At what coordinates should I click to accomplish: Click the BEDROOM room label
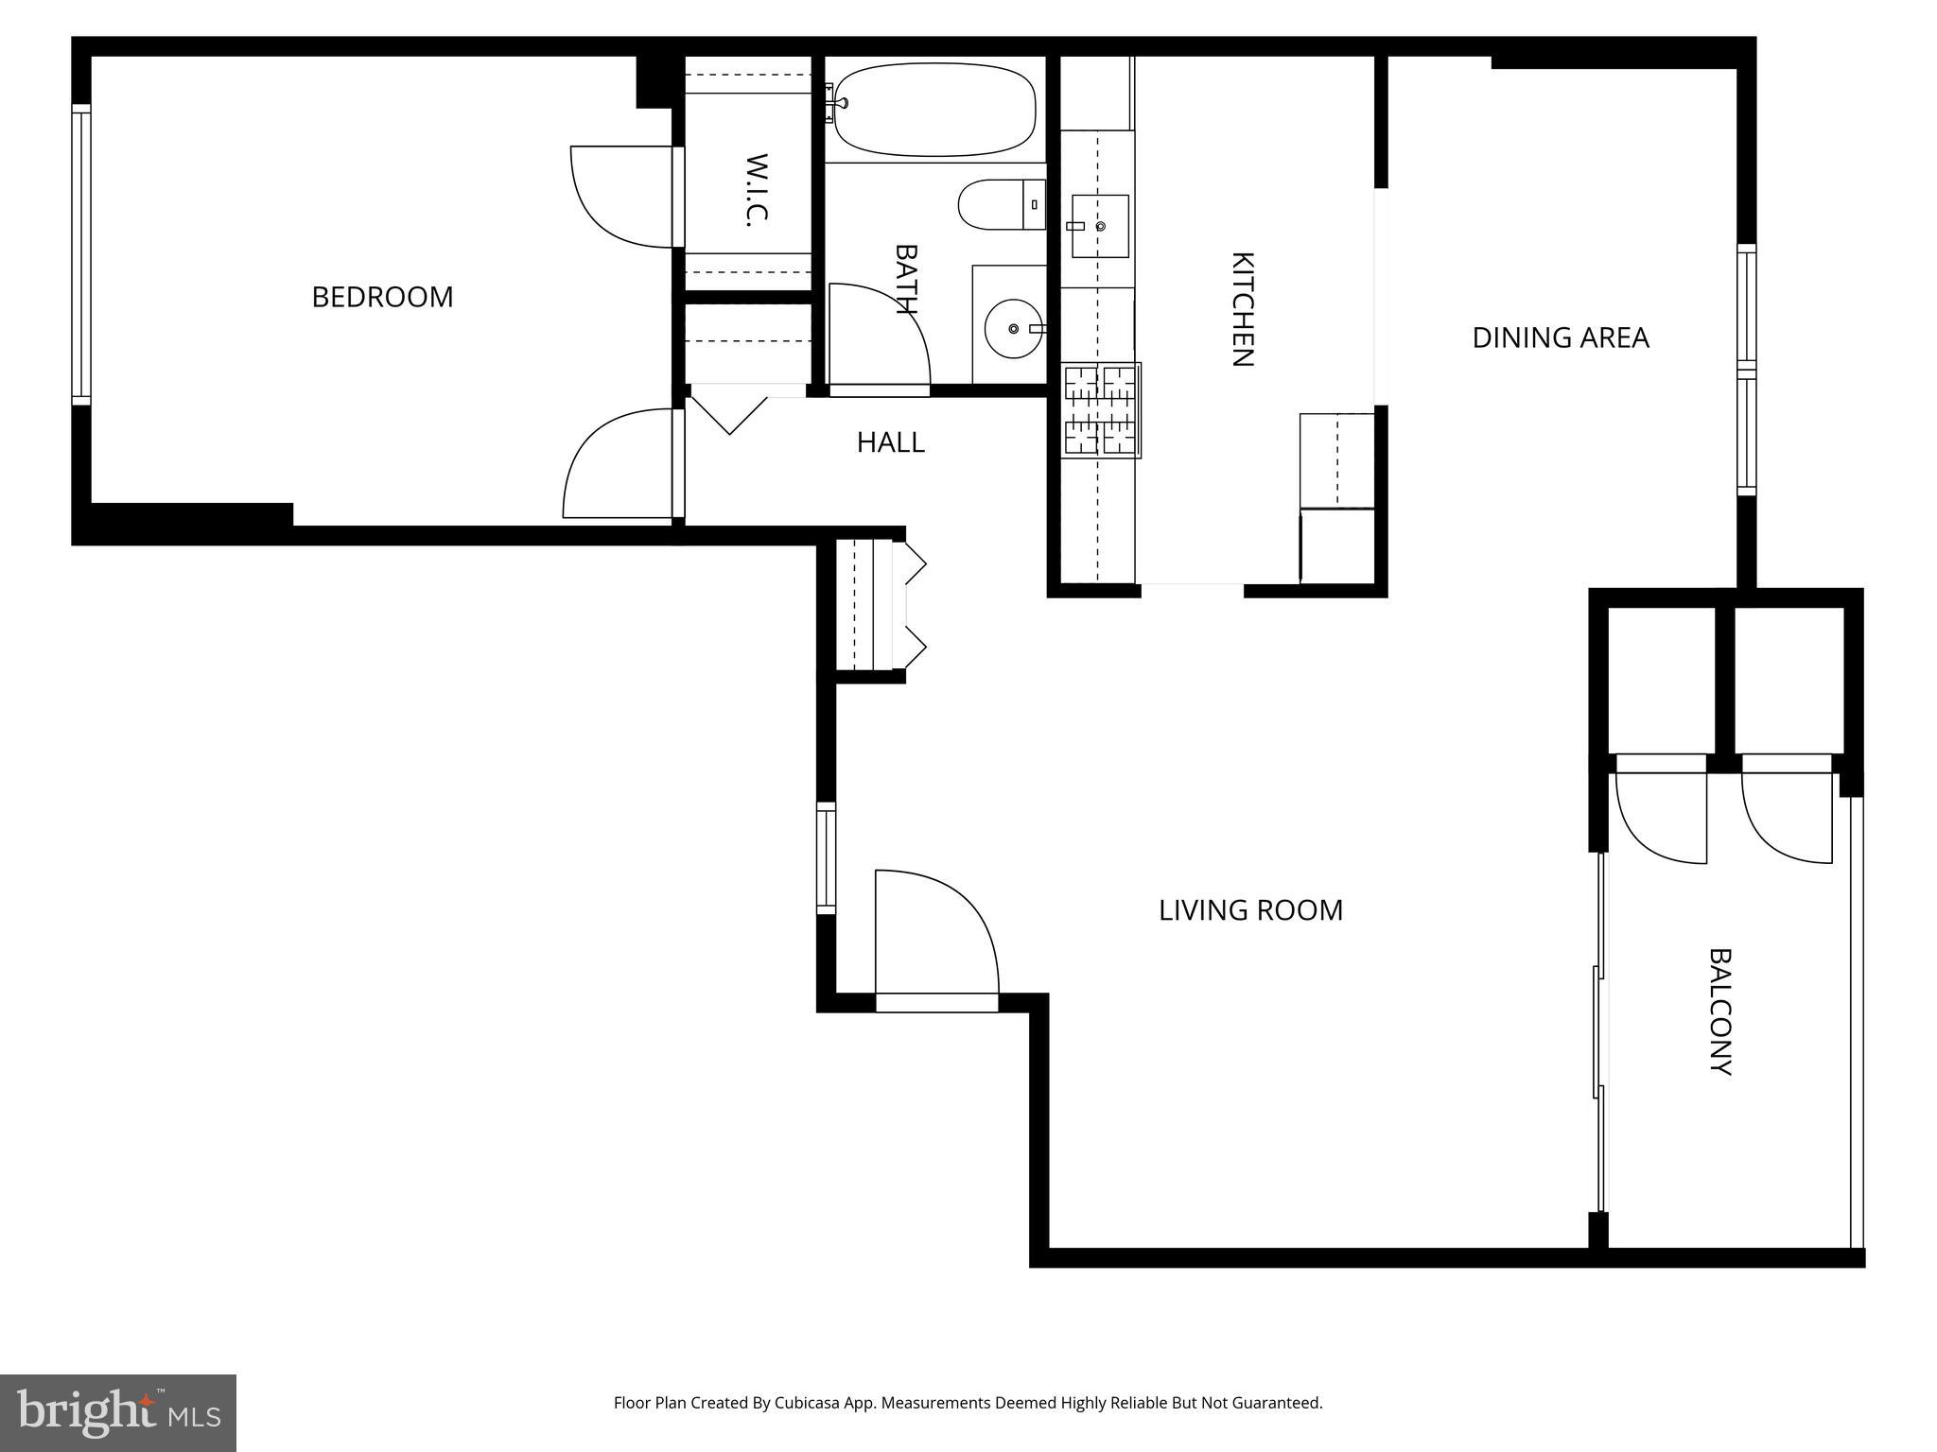click(382, 297)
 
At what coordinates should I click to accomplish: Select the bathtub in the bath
click(934, 110)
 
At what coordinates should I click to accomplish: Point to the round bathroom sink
click(1013, 328)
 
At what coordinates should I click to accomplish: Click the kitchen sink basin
click(1099, 226)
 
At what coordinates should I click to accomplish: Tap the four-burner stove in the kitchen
click(1101, 410)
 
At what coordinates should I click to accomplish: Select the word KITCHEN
click(1241, 309)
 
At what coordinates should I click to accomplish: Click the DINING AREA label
click(1560, 337)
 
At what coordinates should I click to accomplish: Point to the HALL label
click(890, 442)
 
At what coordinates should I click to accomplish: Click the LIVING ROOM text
click(1250, 910)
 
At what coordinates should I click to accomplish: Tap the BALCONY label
click(1720, 1011)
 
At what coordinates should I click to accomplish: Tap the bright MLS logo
click(117, 1411)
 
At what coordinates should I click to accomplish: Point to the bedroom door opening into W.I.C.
click(623, 196)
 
